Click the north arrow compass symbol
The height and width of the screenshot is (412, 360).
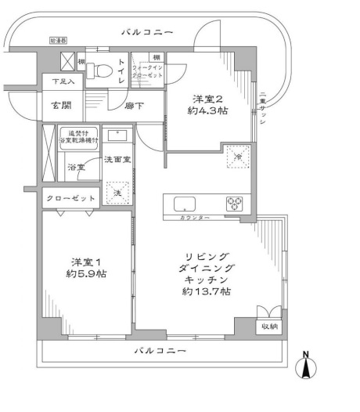pyautogui.click(x=308, y=367)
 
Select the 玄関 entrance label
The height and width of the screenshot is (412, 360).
pyautogui.click(x=63, y=104)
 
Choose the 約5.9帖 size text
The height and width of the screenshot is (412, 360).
pyautogui.click(x=86, y=274)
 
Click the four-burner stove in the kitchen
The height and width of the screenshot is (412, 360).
pyautogui.click(x=236, y=202)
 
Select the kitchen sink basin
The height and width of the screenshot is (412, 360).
pyautogui.click(x=184, y=204)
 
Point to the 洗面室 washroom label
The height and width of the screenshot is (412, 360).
pyautogui.click(x=117, y=160)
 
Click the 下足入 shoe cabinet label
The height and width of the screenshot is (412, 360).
pyautogui.click(x=63, y=81)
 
